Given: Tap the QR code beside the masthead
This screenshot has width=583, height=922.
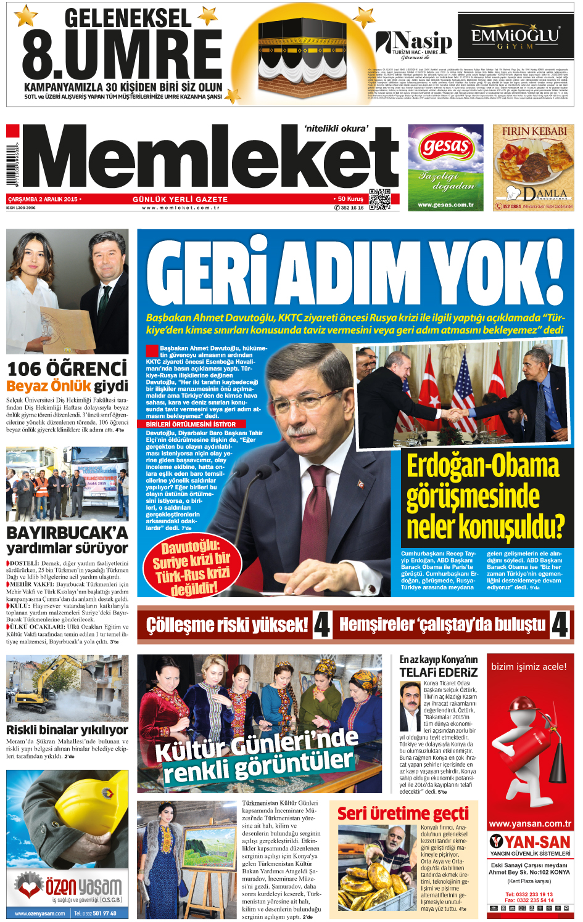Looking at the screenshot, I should tap(379, 199).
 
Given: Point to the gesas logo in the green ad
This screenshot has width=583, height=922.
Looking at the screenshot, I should tap(446, 147).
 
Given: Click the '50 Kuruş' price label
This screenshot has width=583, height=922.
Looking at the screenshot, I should tap(350, 199).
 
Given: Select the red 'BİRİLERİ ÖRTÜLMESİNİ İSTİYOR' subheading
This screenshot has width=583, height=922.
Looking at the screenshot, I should tap(191, 424).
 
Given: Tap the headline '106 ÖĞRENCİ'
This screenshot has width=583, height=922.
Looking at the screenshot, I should tap(67, 369).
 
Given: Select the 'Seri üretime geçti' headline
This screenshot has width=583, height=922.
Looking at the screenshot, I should tap(403, 813).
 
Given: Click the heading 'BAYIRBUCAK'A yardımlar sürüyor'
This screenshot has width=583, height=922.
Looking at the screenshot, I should tap(67, 540).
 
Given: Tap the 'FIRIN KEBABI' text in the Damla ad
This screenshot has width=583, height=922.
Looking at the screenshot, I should tap(534, 131).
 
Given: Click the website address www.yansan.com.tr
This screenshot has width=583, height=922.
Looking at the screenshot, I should tap(530, 823).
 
